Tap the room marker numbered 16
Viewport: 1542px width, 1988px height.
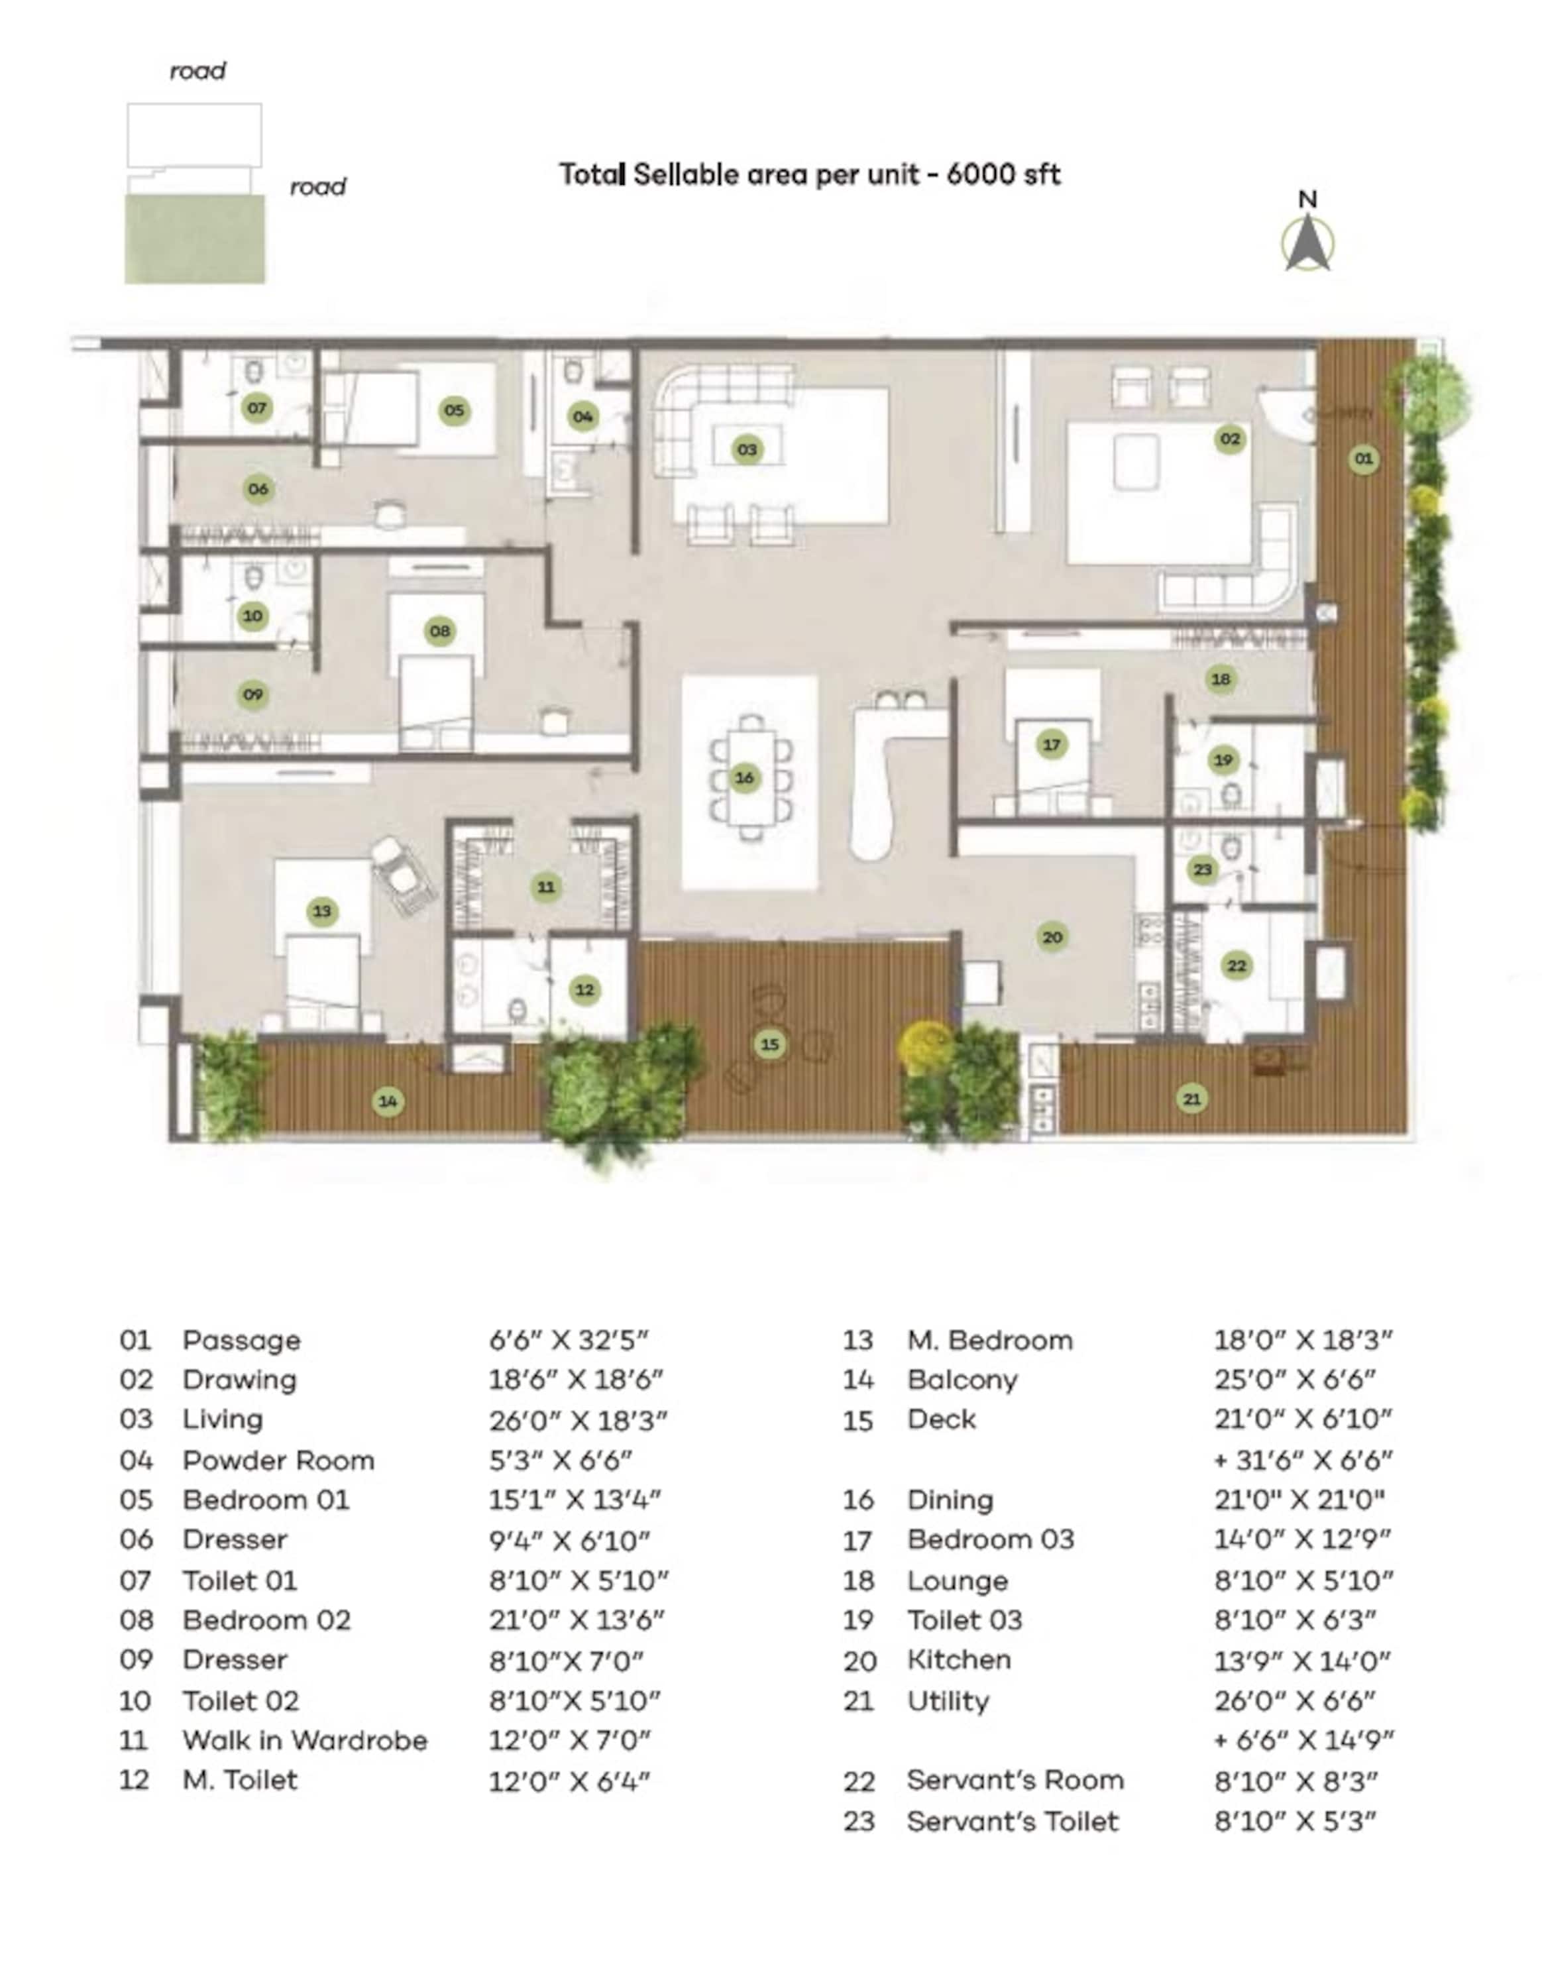click(745, 777)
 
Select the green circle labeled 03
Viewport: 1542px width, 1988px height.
click(746, 449)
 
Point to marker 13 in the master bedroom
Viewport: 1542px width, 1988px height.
click(321, 911)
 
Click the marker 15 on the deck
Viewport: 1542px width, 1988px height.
click(770, 1044)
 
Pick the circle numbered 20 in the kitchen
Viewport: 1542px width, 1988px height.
click(1052, 936)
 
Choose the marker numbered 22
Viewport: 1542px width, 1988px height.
click(1236, 966)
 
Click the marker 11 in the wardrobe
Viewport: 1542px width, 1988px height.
click(545, 887)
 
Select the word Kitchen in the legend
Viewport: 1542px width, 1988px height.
click(958, 1659)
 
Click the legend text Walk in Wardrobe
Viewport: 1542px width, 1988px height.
click(305, 1739)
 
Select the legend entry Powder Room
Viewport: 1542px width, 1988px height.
click(278, 1460)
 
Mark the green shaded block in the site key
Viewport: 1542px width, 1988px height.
click(195, 239)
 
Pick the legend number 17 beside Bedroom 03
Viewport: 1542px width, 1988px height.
click(858, 1540)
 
